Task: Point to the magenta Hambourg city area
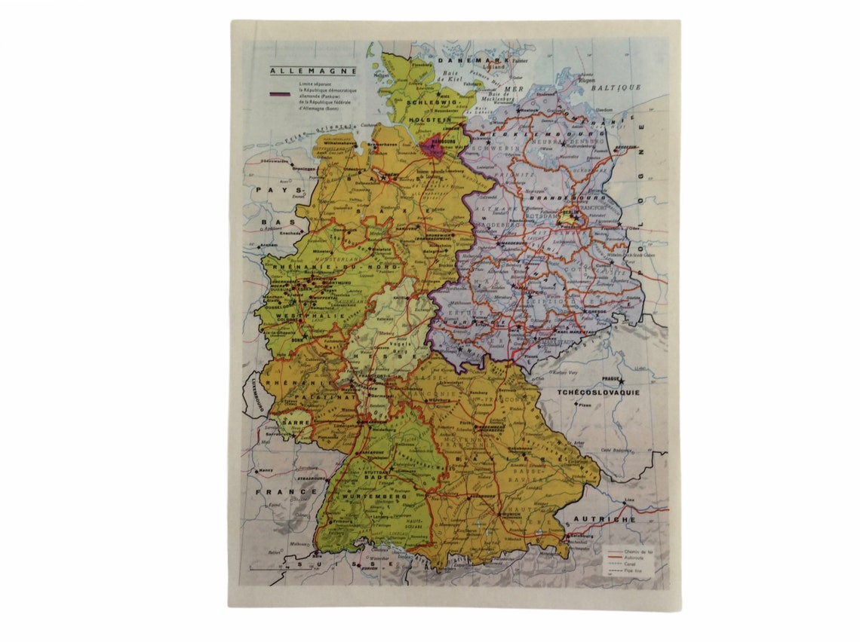tap(432, 146)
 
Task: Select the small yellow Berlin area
tap(568, 218)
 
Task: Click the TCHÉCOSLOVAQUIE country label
tap(597, 393)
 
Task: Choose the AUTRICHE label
tap(605, 519)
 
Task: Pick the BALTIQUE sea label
tap(616, 87)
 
